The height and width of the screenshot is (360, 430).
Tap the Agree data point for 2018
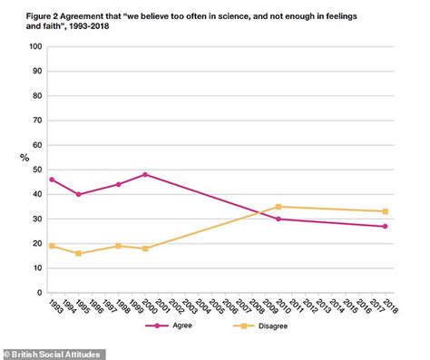pos(385,226)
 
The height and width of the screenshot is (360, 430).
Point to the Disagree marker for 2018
pos(385,211)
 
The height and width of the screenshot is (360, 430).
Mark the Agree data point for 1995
pos(78,194)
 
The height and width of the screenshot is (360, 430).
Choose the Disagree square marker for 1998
pos(118,246)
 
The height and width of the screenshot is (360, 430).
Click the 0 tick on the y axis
pos(36,293)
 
